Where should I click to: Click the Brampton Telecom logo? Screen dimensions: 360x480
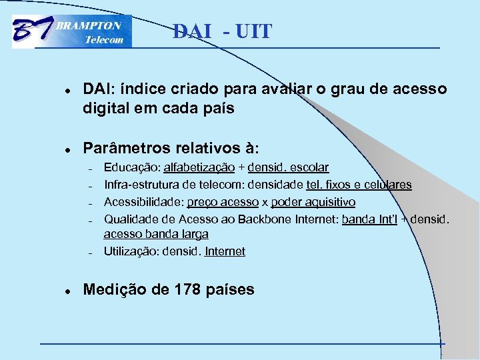click(x=72, y=31)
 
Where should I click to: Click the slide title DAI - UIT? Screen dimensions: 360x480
click(x=222, y=31)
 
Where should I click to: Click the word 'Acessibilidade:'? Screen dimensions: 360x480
click(x=143, y=202)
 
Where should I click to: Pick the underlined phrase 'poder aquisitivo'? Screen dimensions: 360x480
click(x=313, y=202)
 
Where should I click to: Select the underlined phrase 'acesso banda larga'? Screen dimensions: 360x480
click(x=155, y=234)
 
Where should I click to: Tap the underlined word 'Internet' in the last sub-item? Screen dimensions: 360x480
click(x=225, y=251)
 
